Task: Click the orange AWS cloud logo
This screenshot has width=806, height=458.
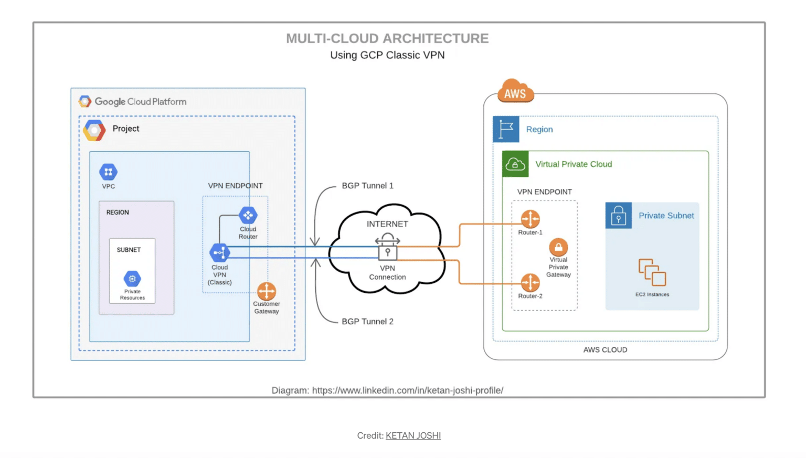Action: coord(515,91)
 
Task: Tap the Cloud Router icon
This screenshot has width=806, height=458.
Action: coord(248,215)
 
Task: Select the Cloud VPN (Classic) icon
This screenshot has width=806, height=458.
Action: coord(219,253)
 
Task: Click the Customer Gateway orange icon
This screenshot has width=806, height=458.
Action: coord(267,291)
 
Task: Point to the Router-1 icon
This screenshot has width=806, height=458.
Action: coord(530,219)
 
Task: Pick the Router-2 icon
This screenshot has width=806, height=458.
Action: coord(530,283)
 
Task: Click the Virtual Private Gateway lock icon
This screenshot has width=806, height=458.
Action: coord(558,247)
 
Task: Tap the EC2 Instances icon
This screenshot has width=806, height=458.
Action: coord(652,272)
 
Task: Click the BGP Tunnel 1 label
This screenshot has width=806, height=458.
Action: coord(367,186)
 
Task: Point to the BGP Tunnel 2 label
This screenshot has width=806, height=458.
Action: coord(367,322)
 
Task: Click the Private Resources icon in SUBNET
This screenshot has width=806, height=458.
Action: coord(132,279)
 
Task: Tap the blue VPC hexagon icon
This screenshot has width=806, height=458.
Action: coord(109,172)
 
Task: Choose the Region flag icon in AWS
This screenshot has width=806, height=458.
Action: coord(506,129)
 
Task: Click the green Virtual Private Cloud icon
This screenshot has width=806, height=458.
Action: coord(515,164)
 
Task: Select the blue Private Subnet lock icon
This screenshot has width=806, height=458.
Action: coord(619,216)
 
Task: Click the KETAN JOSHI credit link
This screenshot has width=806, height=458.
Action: coord(413,435)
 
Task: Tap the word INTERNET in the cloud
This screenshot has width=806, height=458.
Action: coord(387,224)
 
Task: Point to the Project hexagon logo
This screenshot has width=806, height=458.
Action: coord(94,130)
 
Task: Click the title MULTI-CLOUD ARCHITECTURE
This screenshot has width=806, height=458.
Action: coord(387,38)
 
